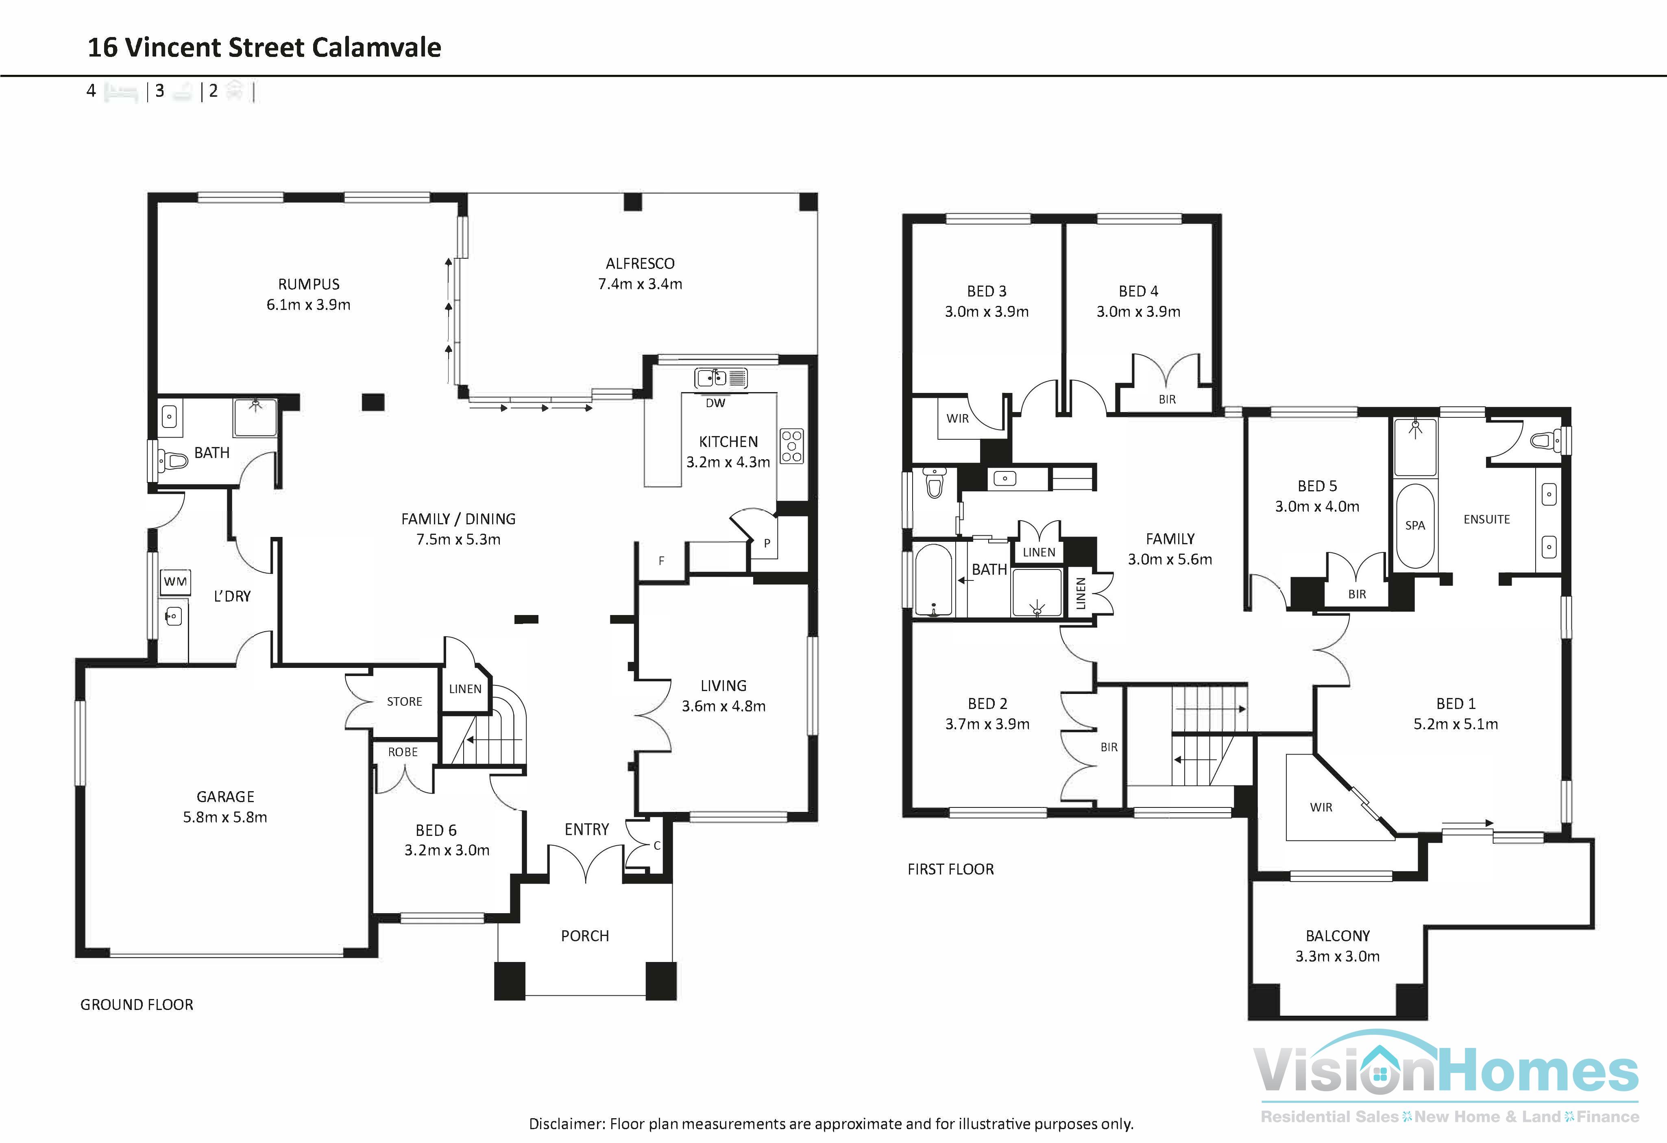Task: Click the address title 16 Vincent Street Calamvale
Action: coord(264,47)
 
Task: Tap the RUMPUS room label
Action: coord(308,284)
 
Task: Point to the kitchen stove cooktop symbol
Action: coord(792,446)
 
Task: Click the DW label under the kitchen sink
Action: coord(715,403)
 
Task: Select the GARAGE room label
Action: coord(225,796)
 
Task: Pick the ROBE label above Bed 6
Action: coord(402,752)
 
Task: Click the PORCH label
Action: coord(584,936)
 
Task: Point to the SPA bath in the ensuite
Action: coord(1414,525)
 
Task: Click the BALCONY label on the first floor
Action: coord(1337,936)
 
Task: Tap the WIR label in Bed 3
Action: coord(958,418)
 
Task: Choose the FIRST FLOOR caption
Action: coord(950,869)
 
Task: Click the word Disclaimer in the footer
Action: coord(566,1123)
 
